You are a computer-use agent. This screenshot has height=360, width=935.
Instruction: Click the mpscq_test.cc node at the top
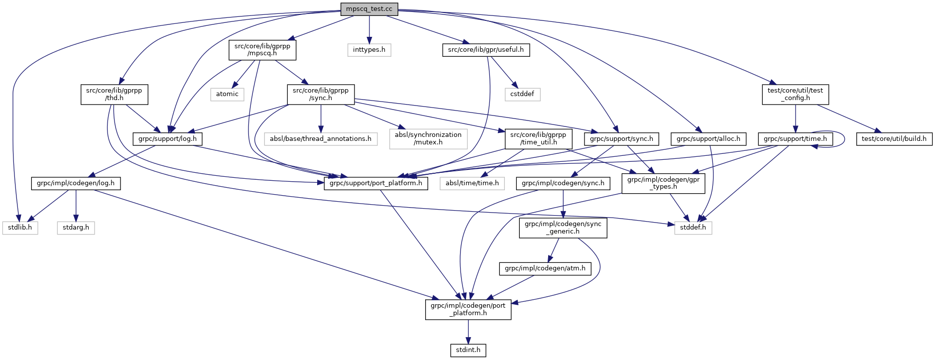coord(369,9)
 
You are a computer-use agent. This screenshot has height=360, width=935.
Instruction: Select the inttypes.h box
coord(369,50)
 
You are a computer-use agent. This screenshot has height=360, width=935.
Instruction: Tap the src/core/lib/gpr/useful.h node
coord(485,50)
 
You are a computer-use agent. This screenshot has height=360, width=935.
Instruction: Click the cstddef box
coord(522,94)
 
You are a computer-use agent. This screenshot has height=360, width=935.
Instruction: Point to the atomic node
coord(227,94)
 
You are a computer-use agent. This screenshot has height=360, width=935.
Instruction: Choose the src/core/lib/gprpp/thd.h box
coord(114,94)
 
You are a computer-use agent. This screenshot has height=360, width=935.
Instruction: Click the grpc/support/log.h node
coord(167,138)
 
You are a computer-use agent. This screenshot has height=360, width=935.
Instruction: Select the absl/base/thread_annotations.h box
coord(320,138)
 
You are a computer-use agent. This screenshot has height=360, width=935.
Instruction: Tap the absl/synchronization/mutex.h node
coord(428,138)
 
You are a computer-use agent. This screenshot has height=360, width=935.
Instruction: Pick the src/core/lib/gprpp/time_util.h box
coord(539,138)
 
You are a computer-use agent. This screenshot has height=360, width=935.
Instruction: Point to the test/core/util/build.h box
coord(894,138)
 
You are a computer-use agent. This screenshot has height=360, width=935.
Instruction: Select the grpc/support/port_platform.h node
coord(376,183)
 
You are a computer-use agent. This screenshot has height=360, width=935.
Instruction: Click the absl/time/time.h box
coord(472,183)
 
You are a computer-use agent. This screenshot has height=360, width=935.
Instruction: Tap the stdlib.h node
coord(20,228)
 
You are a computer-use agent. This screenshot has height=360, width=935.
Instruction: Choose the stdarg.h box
coord(76,228)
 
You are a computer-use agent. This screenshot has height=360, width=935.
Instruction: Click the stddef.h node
coord(693,228)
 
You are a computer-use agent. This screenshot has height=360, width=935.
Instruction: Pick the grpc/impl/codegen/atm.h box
coord(545,268)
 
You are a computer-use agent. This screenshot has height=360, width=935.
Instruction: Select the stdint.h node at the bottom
coord(468,350)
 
